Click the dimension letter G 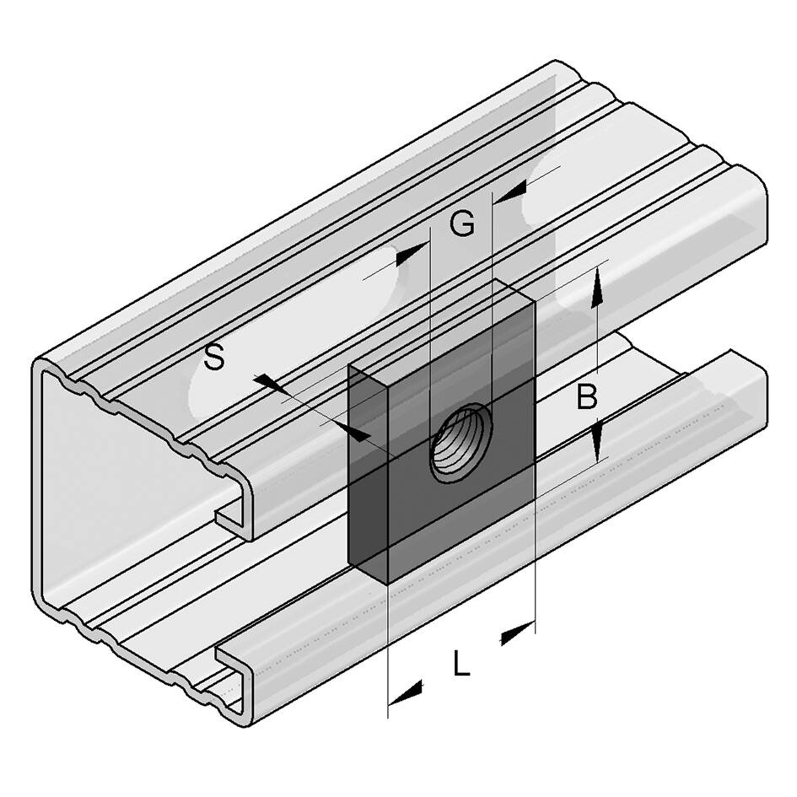point(462,223)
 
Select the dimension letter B point(587,396)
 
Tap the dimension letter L point(461,662)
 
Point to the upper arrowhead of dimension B point(597,288)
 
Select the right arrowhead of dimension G point(511,192)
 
